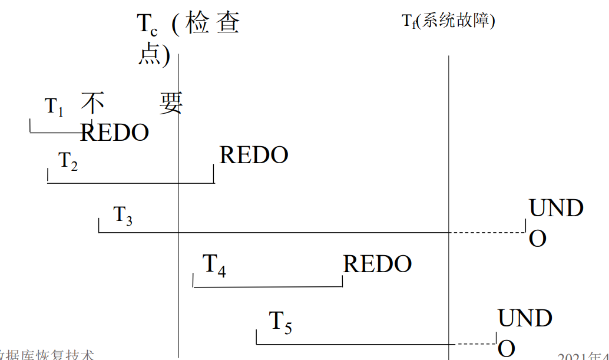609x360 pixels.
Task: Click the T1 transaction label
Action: (54, 107)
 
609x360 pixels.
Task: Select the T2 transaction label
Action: (68, 161)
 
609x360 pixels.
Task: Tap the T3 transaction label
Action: (123, 216)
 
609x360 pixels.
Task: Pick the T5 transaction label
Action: (280, 322)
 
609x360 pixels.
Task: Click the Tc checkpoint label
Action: (147, 25)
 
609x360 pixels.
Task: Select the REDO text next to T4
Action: (377, 264)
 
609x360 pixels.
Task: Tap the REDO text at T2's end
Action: (254, 155)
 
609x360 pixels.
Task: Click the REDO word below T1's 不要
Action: (114, 133)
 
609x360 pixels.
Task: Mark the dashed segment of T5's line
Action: (476, 344)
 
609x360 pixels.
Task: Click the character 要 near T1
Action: (171, 104)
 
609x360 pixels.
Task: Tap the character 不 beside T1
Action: (92, 104)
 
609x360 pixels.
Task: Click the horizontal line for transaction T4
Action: (267, 287)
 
